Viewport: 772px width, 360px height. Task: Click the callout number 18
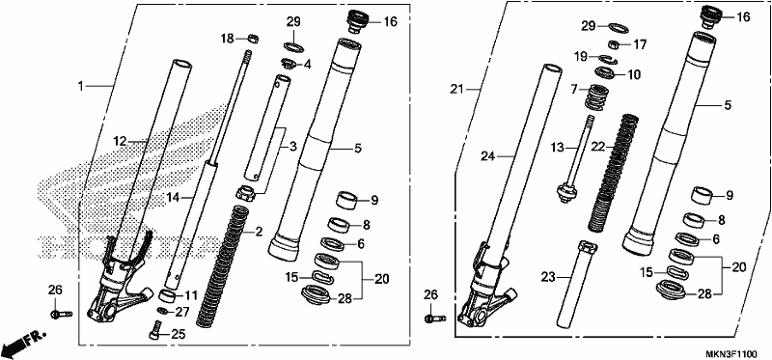[x=227, y=39]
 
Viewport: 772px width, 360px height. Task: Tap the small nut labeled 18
[x=253, y=38]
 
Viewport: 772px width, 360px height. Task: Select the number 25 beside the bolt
[x=178, y=335]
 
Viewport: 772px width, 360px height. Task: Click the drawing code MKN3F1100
[x=732, y=354]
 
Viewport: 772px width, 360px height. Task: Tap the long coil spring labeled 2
[x=223, y=266]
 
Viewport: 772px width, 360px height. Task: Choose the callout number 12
[x=120, y=142]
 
